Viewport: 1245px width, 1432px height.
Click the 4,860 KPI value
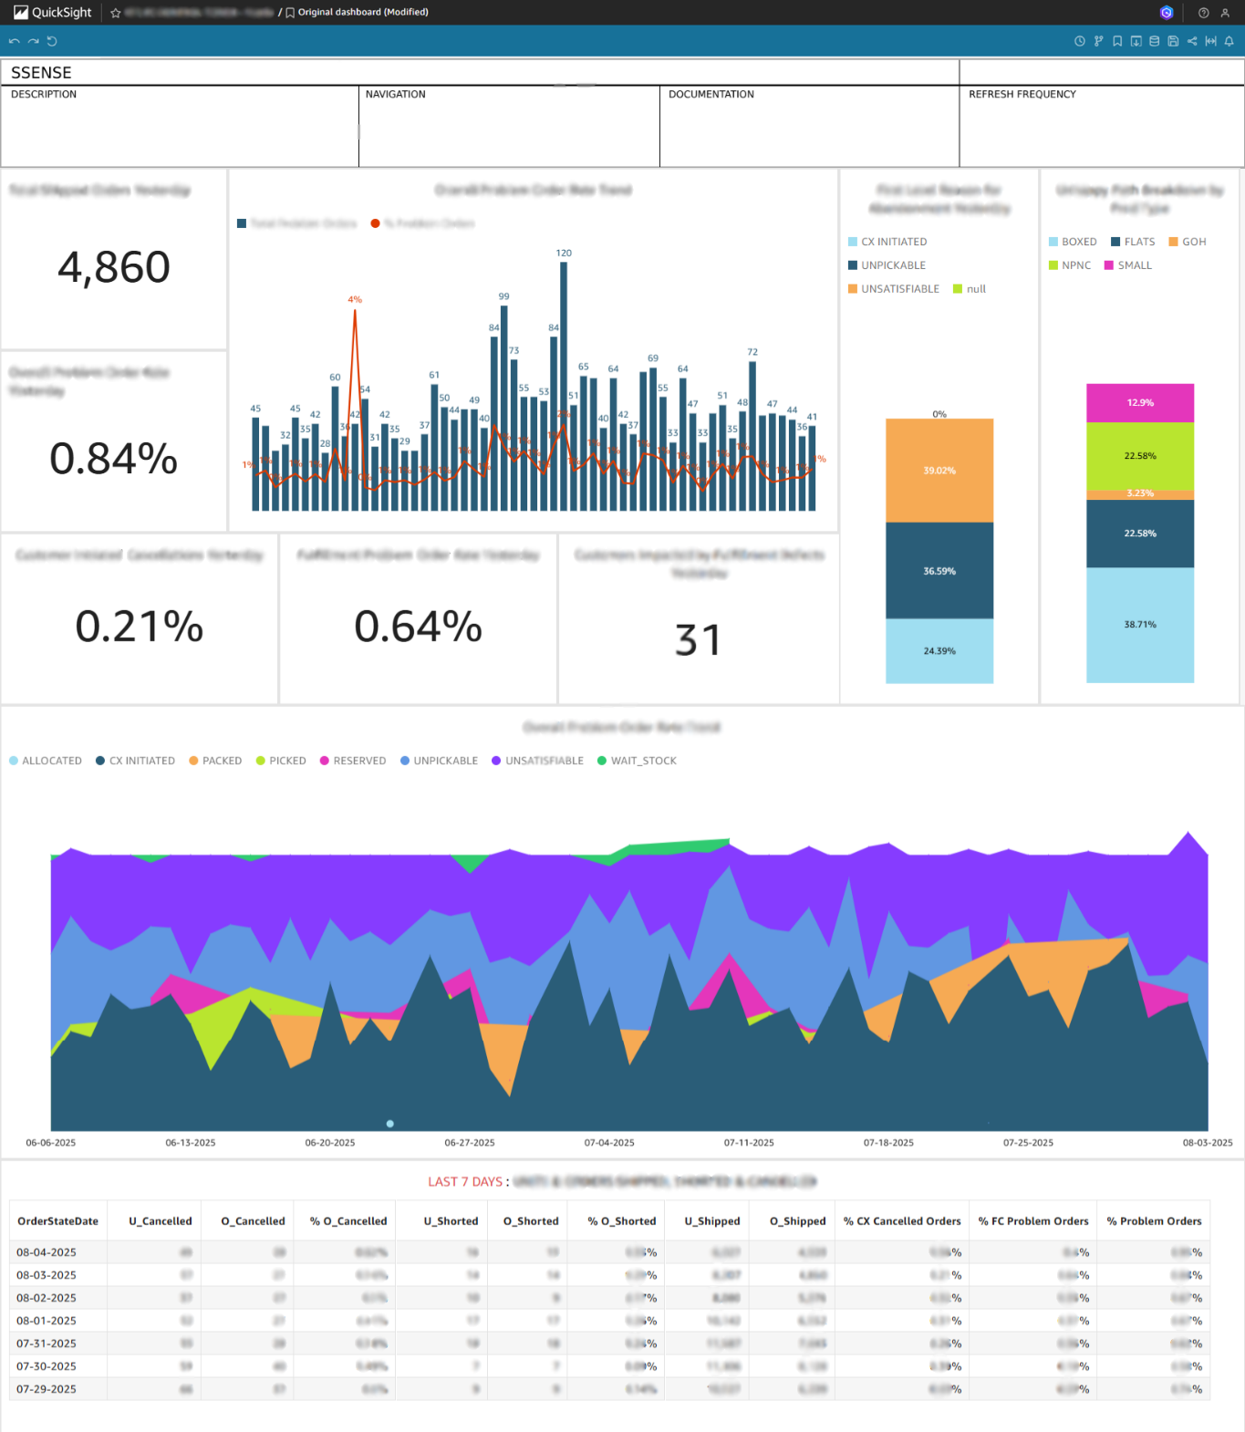(x=114, y=267)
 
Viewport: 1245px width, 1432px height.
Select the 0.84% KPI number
(x=114, y=458)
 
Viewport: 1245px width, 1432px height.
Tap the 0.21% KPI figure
(x=139, y=627)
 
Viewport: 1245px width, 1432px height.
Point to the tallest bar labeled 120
(x=564, y=383)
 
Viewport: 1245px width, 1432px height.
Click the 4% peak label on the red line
(x=355, y=299)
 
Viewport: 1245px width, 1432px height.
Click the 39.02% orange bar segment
(x=939, y=471)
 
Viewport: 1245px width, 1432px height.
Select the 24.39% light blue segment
(x=939, y=651)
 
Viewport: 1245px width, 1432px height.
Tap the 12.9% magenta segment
(x=1140, y=402)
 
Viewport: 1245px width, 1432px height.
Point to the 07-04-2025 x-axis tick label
(x=609, y=1143)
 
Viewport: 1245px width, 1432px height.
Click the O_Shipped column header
(x=797, y=1221)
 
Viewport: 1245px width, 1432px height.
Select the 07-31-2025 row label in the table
(x=47, y=1344)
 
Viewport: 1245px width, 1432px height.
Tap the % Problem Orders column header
(x=1154, y=1221)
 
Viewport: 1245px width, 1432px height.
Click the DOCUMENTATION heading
(x=711, y=94)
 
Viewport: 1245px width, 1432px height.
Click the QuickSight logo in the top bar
(x=53, y=12)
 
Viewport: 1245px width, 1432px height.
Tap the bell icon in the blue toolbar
(x=1229, y=41)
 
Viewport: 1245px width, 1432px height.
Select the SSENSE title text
(x=41, y=73)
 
